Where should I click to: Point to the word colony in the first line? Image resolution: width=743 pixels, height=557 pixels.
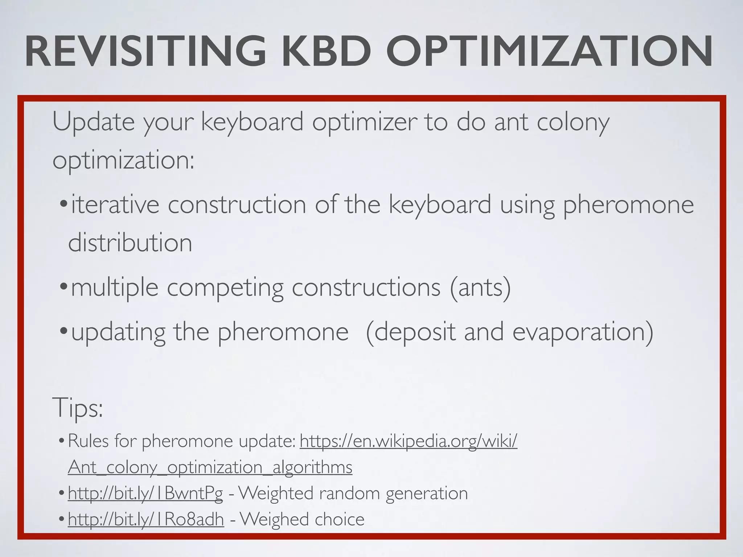(573, 123)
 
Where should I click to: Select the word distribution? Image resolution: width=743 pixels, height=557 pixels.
(130, 243)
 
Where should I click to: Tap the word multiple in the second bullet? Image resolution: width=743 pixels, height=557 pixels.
(115, 288)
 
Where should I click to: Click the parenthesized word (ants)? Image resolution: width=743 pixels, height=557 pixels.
(480, 287)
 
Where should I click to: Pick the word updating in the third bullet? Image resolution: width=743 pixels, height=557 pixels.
(118, 332)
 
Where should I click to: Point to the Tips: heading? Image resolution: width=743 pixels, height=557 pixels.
(78, 408)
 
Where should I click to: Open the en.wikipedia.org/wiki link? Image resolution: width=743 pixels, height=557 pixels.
(408, 441)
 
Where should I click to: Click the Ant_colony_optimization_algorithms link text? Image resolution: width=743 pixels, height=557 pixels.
(210, 467)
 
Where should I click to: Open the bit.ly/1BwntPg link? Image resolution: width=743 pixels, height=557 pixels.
(145, 493)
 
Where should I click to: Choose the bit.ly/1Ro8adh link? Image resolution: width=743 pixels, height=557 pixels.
(146, 519)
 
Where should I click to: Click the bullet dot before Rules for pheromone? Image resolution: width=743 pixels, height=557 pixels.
(62, 441)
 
